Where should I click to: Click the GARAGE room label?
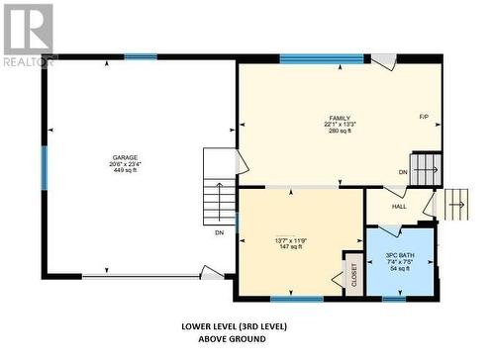(x=124, y=158)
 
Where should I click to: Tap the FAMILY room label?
(x=340, y=118)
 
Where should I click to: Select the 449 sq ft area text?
(x=124, y=170)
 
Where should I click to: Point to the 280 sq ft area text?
(x=340, y=131)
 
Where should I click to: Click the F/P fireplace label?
(x=424, y=118)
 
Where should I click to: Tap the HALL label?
(x=399, y=207)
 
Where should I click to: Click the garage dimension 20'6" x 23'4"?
(x=124, y=164)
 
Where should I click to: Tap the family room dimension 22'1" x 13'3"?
(x=340, y=125)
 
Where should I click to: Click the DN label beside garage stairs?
(x=218, y=233)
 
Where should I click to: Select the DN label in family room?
(x=403, y=172)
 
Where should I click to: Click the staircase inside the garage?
(x=217, y=188)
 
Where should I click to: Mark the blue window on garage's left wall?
(x=45, y=167)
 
